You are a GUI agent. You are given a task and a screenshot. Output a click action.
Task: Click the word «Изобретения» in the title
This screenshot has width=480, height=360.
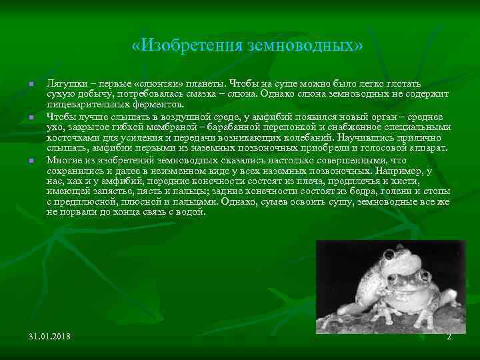click(179, 46)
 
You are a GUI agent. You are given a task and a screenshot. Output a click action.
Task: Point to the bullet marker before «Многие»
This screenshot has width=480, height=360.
click(31, 161)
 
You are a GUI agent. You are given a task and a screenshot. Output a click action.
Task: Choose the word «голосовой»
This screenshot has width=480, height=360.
click(386, 147)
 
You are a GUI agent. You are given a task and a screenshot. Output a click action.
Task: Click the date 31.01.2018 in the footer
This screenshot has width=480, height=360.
click(50, 337)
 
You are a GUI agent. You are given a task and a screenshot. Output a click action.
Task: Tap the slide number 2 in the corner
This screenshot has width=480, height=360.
click(449, 337)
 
